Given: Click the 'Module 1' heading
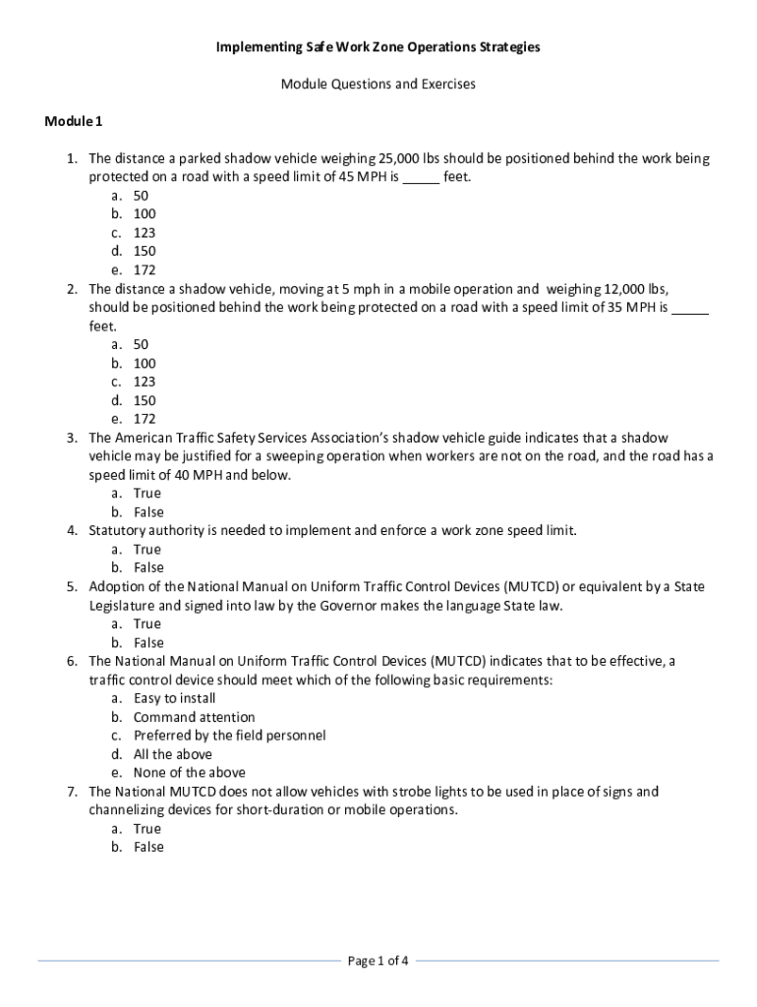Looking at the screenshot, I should [74, 121].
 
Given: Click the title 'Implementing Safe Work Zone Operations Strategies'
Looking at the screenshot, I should [378, 47].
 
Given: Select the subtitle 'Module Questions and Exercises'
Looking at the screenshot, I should [378, 84].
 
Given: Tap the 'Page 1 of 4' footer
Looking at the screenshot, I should [378, 961].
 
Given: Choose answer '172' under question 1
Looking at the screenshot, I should [145, 270].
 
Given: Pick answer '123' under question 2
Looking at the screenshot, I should [145, 382].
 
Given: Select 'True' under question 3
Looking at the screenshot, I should [147, 494].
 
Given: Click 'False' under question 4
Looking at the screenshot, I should [148, 568].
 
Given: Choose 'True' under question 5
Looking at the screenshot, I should [147, 624].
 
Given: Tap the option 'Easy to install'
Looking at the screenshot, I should [174, 698].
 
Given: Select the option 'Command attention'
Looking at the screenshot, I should [194, 717].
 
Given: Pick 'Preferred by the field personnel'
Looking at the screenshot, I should [229, 736].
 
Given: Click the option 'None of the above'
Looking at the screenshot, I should [190, 773].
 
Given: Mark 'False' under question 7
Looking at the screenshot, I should [148, 848].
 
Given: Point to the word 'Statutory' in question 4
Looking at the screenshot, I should [117, 531].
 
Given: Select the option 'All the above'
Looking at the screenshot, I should [173, 754].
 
